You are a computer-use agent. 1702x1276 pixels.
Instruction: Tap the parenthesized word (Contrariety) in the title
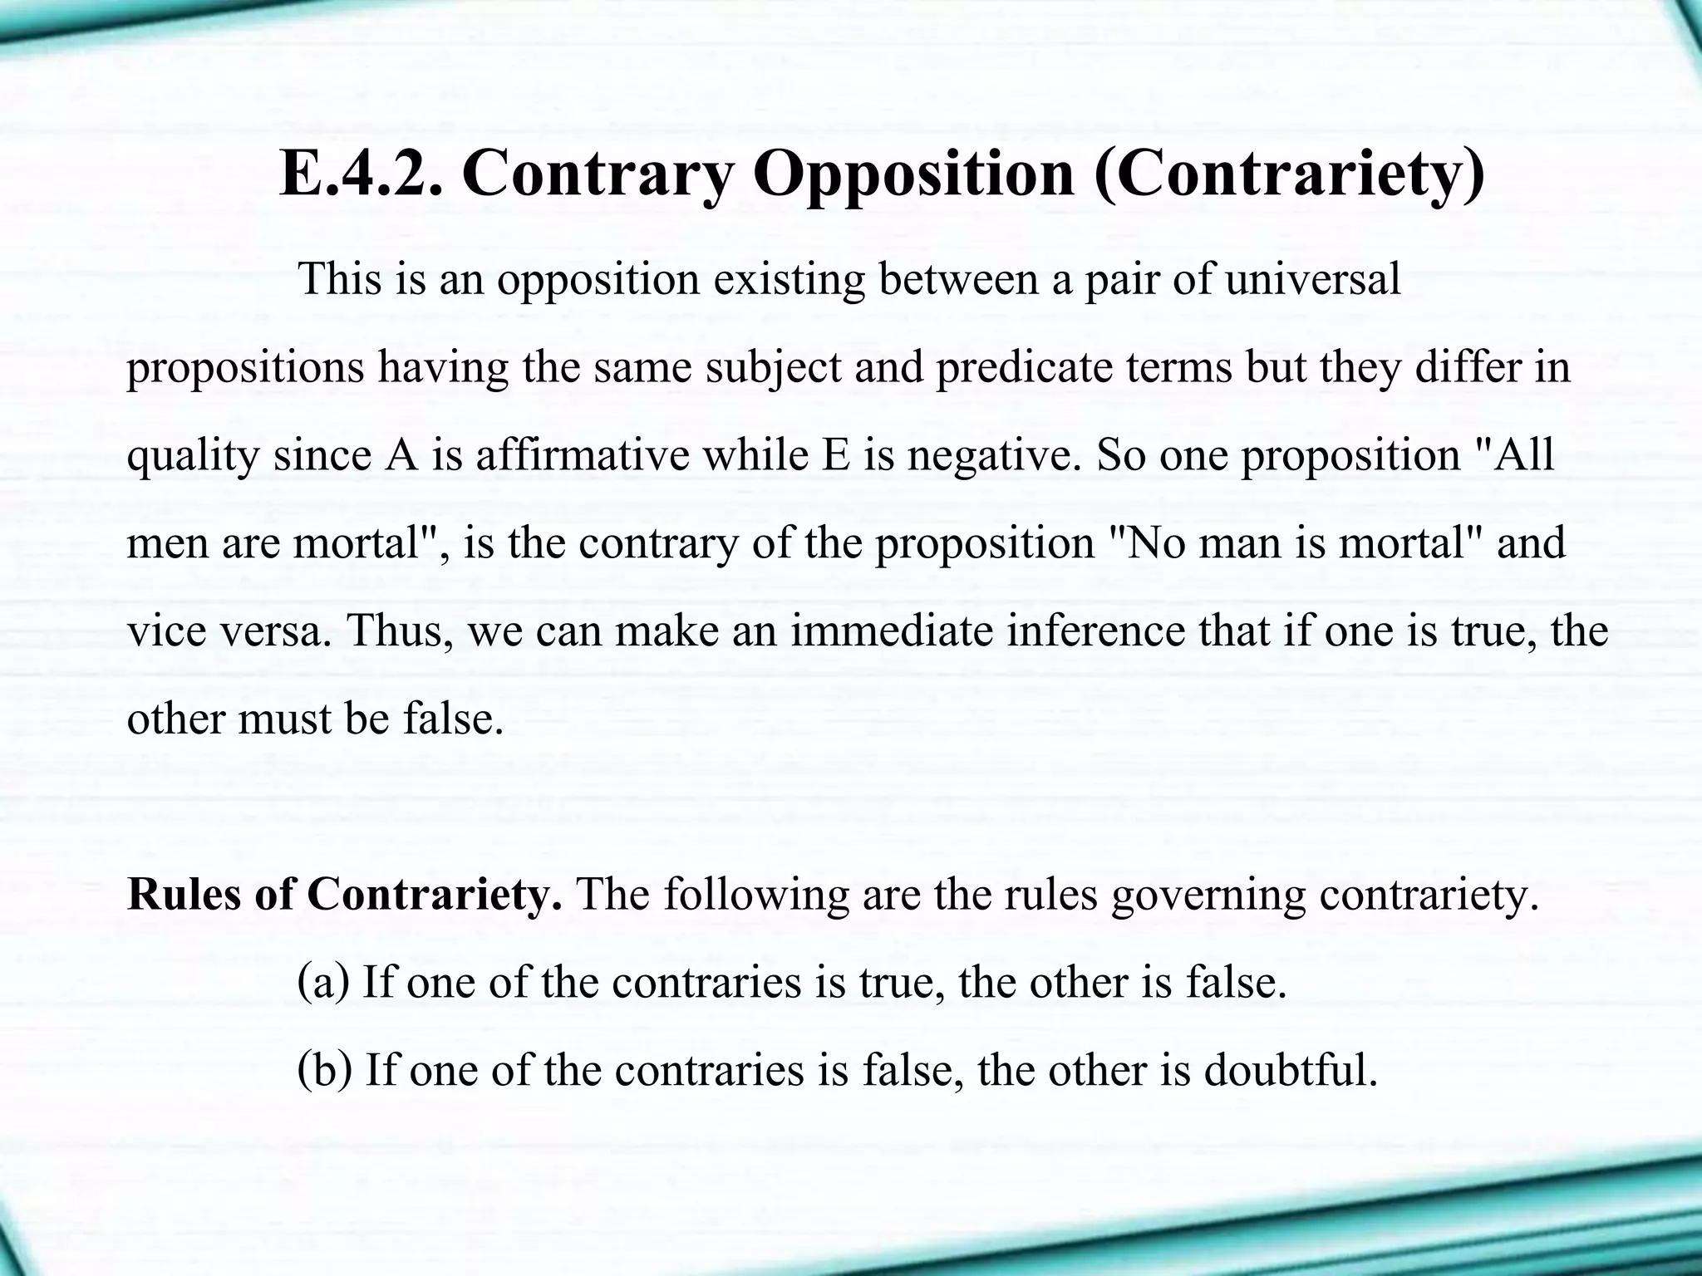coord(1289,174)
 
